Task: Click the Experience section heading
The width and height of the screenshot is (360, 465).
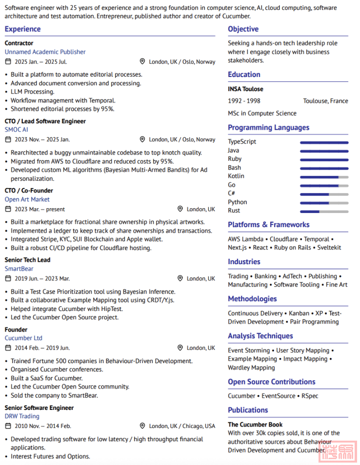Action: tap(22, 29)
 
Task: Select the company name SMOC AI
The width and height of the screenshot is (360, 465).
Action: tap(17, 130)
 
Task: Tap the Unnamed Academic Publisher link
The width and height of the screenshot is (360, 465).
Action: tap(45, 52)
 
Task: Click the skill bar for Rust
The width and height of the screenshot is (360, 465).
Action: tap(324, 211)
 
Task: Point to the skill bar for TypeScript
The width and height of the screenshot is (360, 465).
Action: tap(324, 142)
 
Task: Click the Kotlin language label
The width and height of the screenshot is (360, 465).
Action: tap(236, 176)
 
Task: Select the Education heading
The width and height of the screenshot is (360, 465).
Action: tap(244, 75)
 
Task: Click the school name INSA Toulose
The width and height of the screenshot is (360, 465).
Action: tap(245, 89)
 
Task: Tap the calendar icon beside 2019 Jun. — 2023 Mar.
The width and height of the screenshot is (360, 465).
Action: tap(8, 278)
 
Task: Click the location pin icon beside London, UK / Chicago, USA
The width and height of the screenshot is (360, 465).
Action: tap(142, 426)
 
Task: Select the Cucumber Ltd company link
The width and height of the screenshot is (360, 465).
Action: tap(23, 338)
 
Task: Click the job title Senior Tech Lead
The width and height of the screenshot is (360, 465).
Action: tap(27, 260)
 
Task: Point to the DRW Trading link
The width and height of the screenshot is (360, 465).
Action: tap(22, 416)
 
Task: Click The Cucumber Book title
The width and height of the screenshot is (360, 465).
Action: tap(255, 425)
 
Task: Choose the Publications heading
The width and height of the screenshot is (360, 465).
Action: tap(248, 410)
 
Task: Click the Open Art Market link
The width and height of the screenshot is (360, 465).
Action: tap(27, 199)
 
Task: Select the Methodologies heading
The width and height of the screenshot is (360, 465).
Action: tap(252, 299)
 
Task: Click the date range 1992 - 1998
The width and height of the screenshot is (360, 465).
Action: tap(244, 101)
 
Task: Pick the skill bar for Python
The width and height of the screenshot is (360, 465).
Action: tap(324, 202)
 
